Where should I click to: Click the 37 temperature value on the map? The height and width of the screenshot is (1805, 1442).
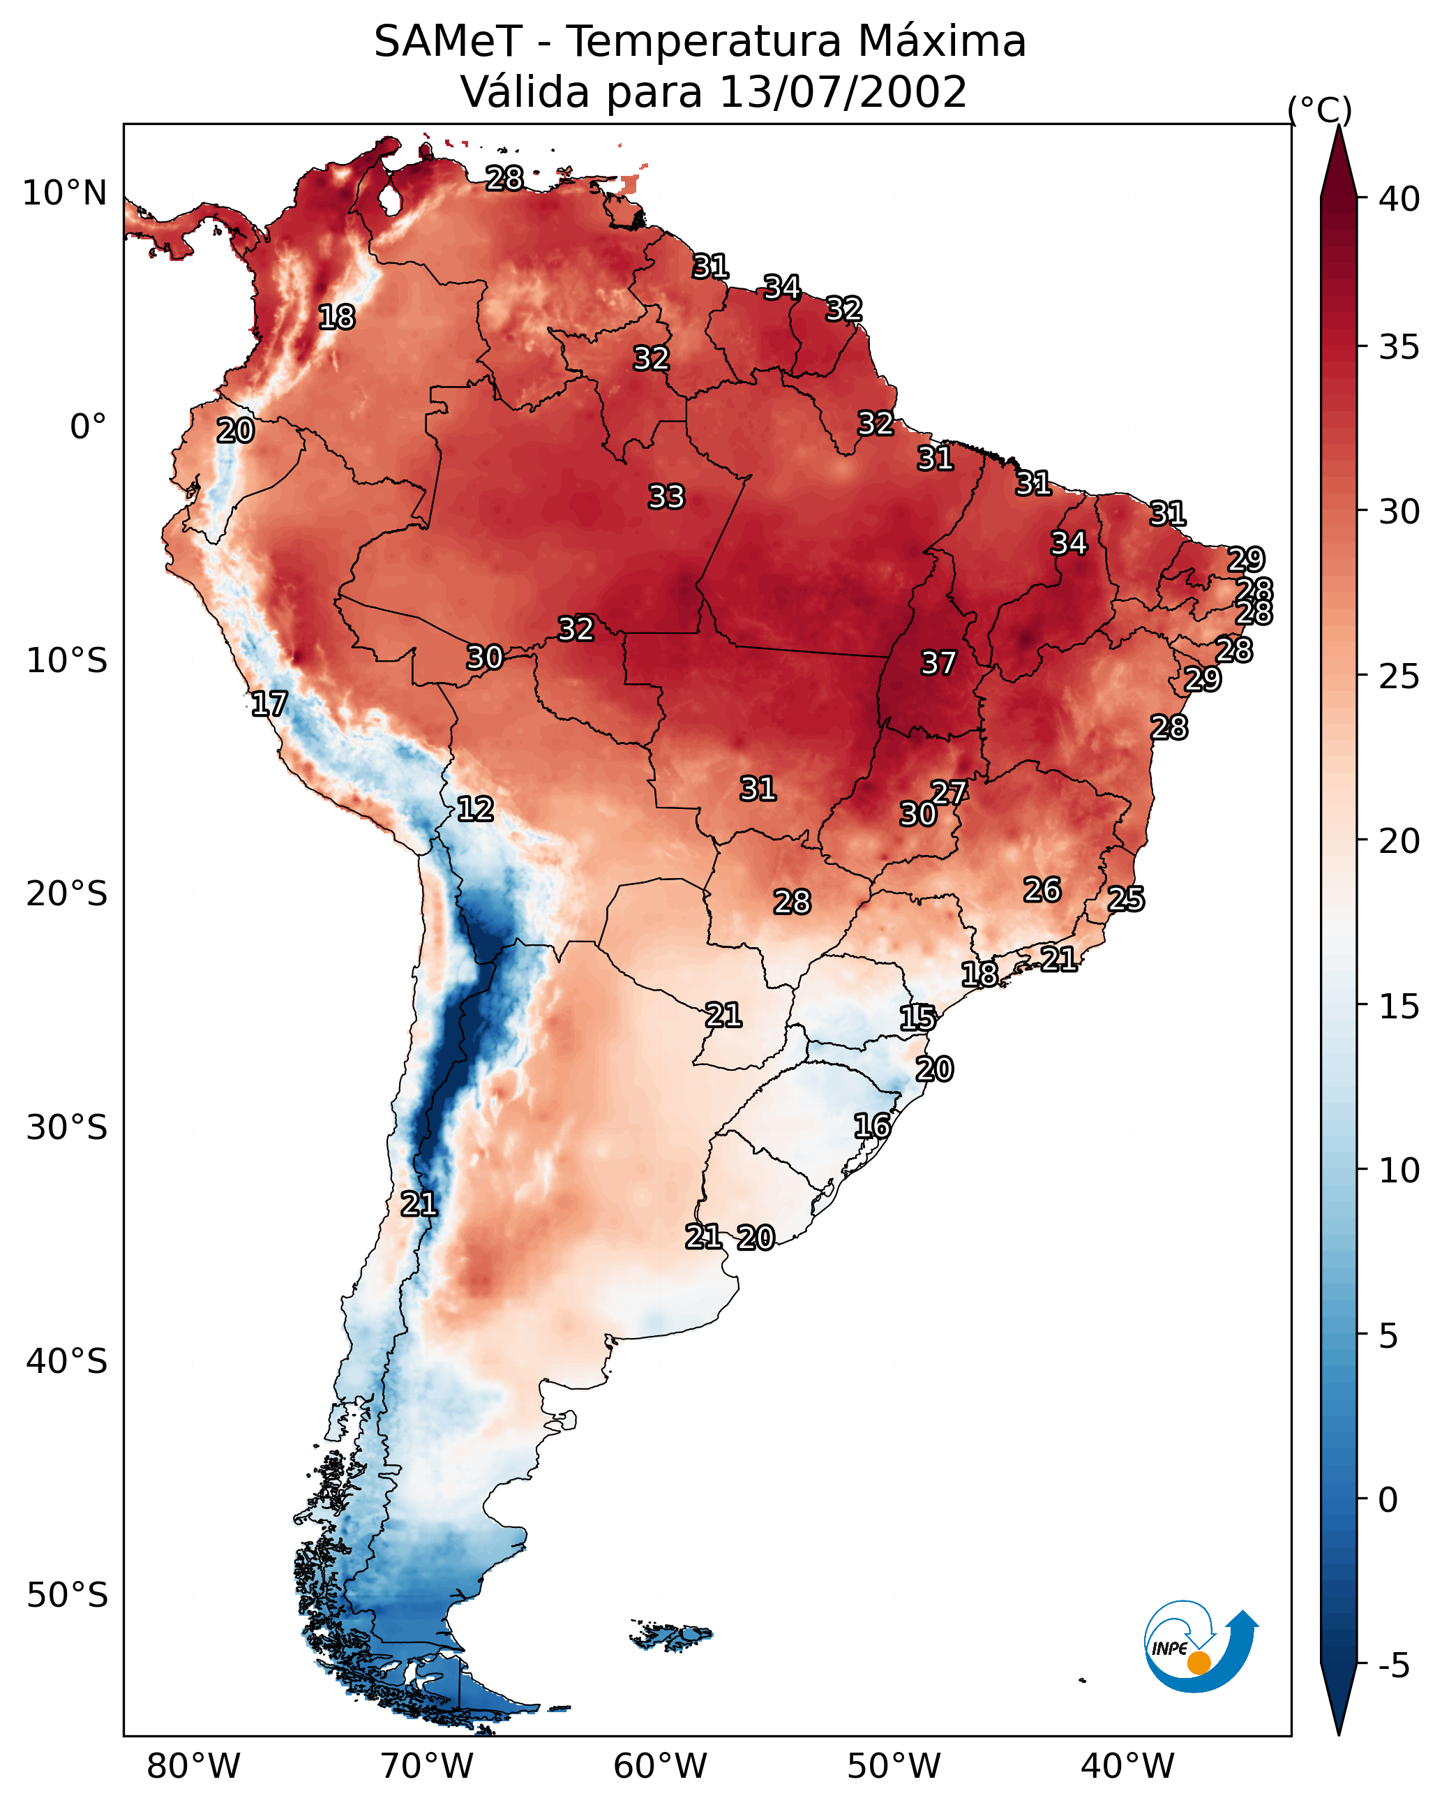click(x=938, y=663)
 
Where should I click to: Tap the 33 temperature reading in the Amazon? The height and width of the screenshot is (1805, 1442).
click(x=666, y=496)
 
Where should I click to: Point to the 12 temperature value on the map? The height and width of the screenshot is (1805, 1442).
click(x=474, y=809)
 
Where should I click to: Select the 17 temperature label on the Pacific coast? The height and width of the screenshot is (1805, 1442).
click(x=269, y=704)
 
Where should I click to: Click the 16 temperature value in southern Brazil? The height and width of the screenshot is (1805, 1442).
click(x=871, y=1126)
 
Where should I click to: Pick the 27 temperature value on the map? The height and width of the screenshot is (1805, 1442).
click(x=949, y=792)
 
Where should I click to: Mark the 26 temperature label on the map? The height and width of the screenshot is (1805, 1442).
click(x=1042, y=890)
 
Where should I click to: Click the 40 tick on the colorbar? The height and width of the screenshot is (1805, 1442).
click(x=1399, y=198)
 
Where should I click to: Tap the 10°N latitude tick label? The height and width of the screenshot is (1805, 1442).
click(x=64, y=193)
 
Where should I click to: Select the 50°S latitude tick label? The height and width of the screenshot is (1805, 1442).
click(x=67, y=1596)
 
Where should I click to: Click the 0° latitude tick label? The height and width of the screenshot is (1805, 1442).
click(x=88, y=427)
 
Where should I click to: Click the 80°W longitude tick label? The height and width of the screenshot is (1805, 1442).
click(x=193, y=1767)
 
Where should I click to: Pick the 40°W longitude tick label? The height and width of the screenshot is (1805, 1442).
click(x=1127, y=1767)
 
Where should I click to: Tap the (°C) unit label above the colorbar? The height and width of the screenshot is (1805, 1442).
click(x=1319, y=110)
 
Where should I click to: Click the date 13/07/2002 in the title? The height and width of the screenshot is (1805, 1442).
click(x=843, y=91)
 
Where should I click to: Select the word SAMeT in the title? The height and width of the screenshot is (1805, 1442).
click(x=448, y=41)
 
